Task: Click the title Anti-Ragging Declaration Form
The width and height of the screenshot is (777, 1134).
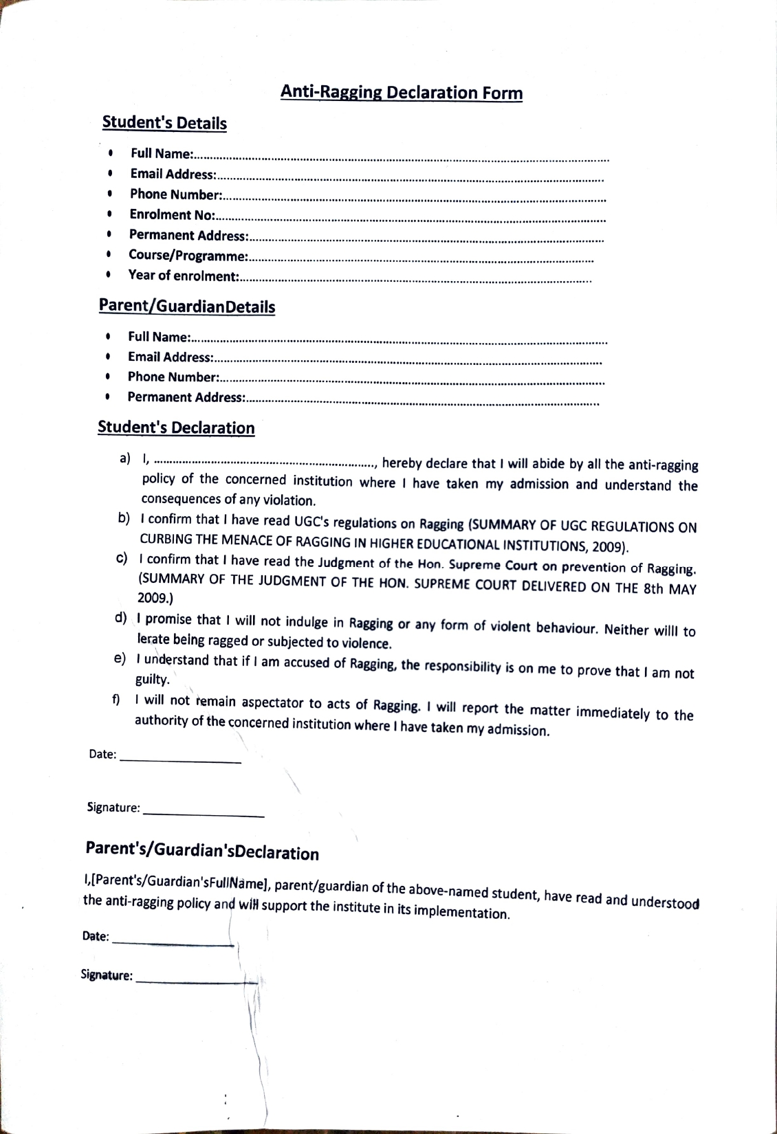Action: coord(402,93)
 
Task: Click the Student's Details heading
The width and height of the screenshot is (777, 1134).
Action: coord(164,123)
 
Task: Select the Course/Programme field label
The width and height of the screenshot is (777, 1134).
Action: coord(188,256)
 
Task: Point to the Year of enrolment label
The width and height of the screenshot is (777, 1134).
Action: coord(184,276)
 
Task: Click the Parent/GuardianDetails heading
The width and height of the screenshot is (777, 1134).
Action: coord(187,307)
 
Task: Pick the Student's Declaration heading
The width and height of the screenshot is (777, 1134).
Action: coord(176,427)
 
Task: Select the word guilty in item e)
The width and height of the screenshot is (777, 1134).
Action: coord(152,679)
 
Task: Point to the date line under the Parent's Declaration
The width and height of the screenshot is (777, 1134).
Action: coord(173,944)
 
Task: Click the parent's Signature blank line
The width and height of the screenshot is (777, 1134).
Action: coord(197,981)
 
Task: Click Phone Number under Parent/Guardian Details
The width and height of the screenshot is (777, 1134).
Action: coord(173,377)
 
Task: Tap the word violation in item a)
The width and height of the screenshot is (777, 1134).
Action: coord(287,500)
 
